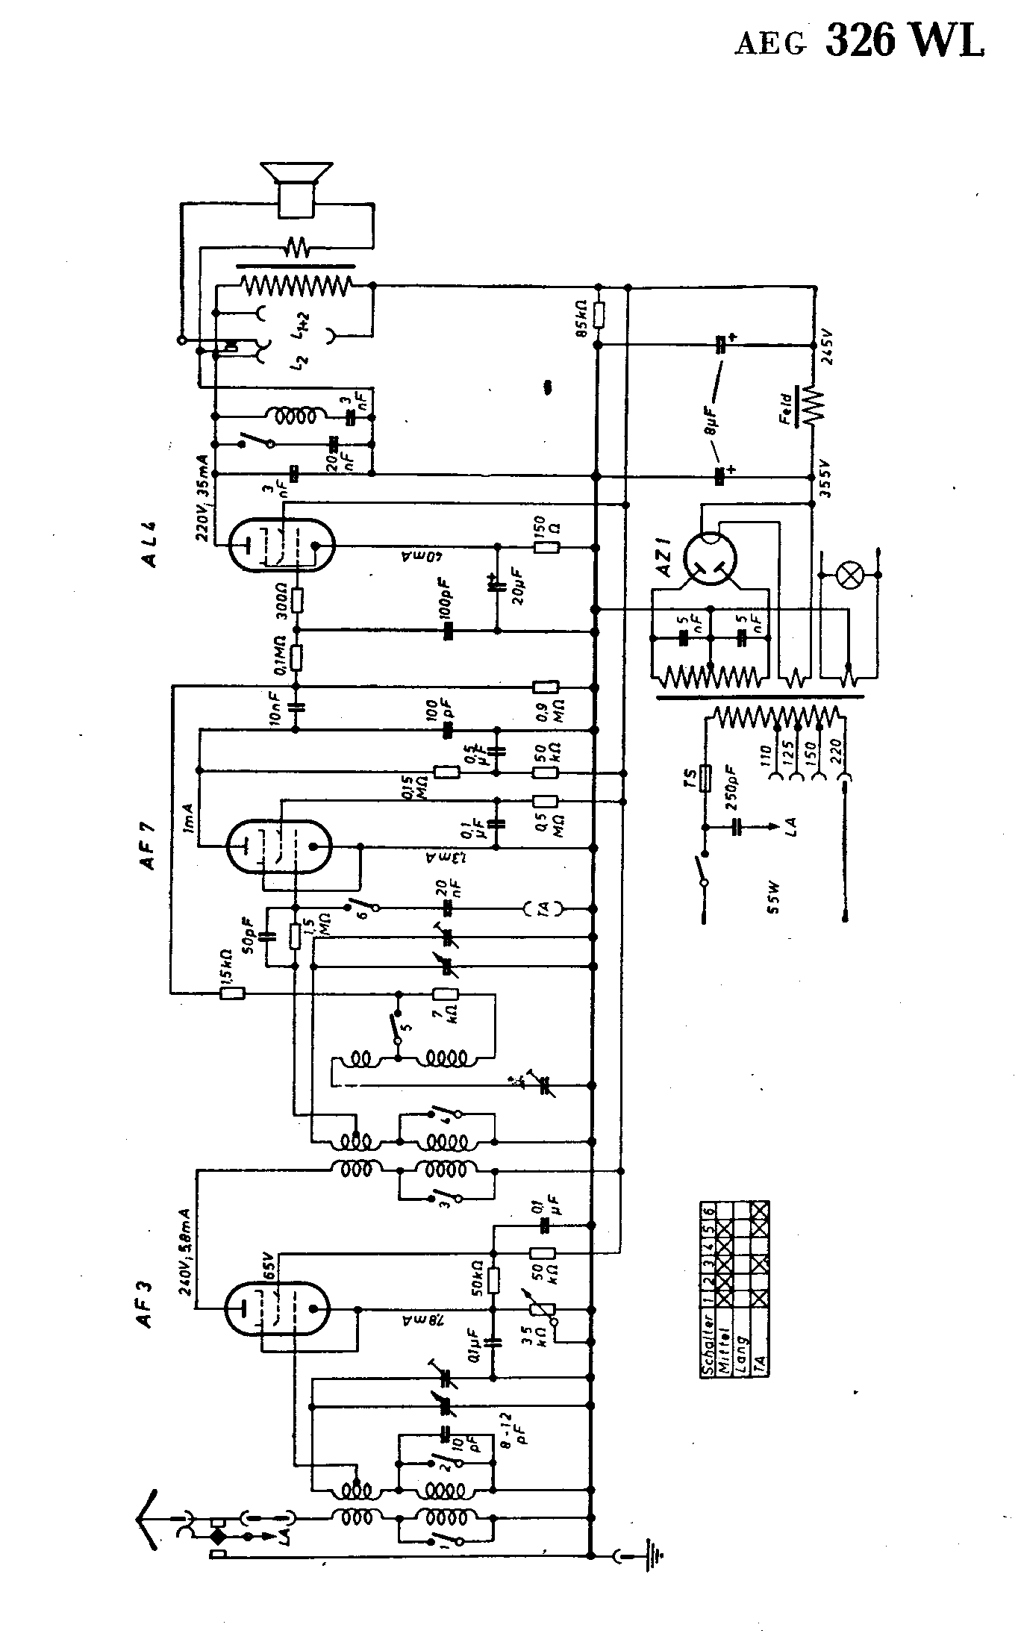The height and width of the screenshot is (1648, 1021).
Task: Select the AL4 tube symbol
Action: (x=281, y=546)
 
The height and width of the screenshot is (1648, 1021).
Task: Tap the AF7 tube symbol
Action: (x=278, y=846)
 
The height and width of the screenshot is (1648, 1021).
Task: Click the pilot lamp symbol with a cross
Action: (x=849, y=575)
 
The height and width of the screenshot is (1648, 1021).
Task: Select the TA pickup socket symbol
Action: (x=544, y=908)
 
